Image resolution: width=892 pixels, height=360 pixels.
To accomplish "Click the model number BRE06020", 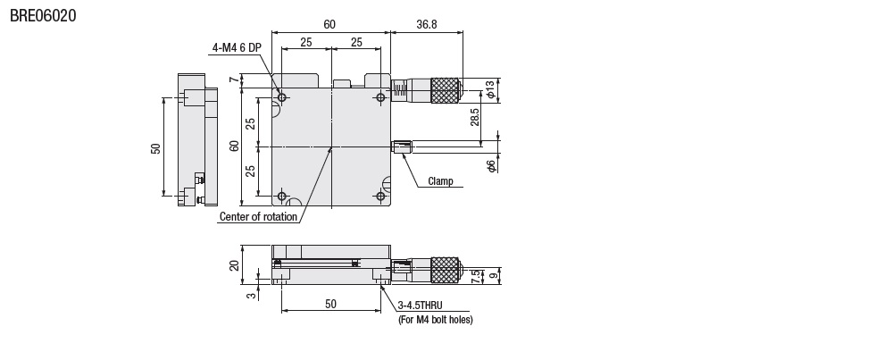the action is tap(43, 15).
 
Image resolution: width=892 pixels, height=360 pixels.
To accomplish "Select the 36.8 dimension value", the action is tap(427, 24).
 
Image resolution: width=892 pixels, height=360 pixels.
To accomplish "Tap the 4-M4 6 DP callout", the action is tap(237, 48).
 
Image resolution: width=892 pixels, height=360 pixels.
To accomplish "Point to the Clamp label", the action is tap(441, 181).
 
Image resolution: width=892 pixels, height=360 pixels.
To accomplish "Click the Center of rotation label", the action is tap(258, 217).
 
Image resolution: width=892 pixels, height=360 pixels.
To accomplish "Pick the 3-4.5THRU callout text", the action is tap(420, 306).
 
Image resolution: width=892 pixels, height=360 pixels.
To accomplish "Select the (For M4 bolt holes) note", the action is tap(436, 320).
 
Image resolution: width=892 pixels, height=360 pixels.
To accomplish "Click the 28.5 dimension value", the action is tap(475, 117).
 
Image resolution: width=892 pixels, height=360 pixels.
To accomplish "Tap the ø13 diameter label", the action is tap(490, 90).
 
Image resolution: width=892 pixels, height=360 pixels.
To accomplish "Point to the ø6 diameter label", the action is tap(491, 165).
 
